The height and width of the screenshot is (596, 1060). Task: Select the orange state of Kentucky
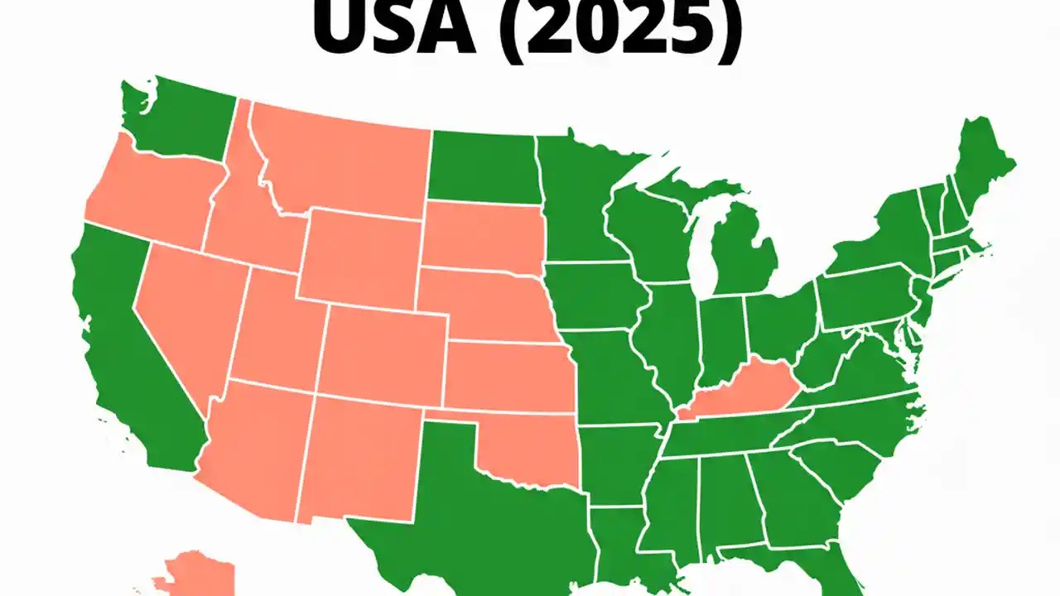click(741, 389)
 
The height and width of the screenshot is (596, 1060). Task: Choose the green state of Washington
click(178, 120)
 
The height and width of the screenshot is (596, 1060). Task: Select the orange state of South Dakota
click(480, 236)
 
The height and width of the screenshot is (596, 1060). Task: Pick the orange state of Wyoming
click(360, 257)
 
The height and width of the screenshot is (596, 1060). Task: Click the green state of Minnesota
click(576, 199)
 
